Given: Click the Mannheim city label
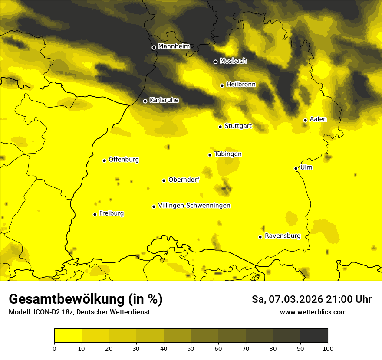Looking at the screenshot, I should point(174,46).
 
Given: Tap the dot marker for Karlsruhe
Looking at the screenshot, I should point(145,101).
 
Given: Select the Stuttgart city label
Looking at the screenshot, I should point(238,126).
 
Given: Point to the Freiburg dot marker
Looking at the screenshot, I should point(95,214).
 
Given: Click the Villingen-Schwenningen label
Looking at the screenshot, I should point(194,206).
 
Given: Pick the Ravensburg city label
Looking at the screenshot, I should point(282,236).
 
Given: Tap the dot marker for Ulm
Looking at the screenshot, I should point(296,168).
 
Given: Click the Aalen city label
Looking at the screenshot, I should point(318,119).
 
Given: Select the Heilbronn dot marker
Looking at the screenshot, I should point(222,85).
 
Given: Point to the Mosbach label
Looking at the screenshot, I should point(233,61).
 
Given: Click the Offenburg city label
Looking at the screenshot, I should point(124,160).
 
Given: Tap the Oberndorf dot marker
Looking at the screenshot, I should point(164,180).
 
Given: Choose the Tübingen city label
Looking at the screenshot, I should point(228,154).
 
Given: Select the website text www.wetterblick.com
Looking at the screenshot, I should point(313,312).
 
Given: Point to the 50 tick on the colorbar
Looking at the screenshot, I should point(191,348).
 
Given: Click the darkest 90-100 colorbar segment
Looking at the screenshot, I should point(314,336).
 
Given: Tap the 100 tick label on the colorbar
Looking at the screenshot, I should point(328,348).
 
